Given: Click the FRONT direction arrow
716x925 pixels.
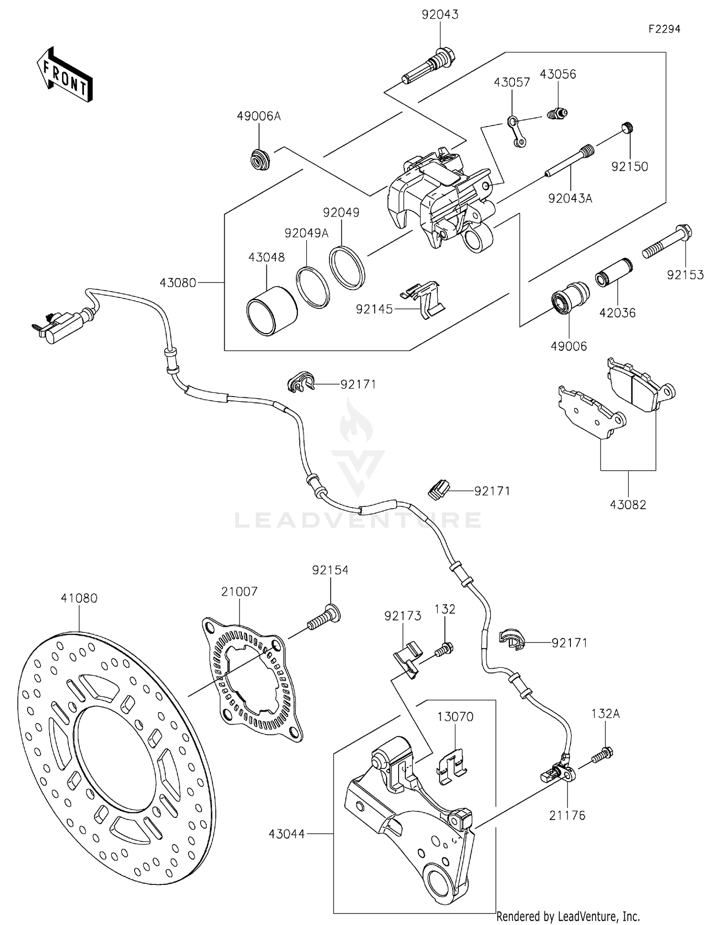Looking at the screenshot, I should point(64,75).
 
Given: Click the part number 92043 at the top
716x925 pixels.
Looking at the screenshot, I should point(440,15).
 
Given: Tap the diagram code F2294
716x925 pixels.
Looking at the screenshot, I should point(664,29).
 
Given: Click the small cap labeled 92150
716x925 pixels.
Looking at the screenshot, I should point(628,128).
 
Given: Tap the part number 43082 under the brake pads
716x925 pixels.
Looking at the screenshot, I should point(628,505).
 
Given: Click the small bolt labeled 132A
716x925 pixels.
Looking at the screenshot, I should point(602,755).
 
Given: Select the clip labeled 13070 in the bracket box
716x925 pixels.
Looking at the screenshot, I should point(451,765).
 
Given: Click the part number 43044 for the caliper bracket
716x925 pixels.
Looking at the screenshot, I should point(286,834).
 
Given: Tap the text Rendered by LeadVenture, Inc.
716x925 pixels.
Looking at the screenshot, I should point(568,916).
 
